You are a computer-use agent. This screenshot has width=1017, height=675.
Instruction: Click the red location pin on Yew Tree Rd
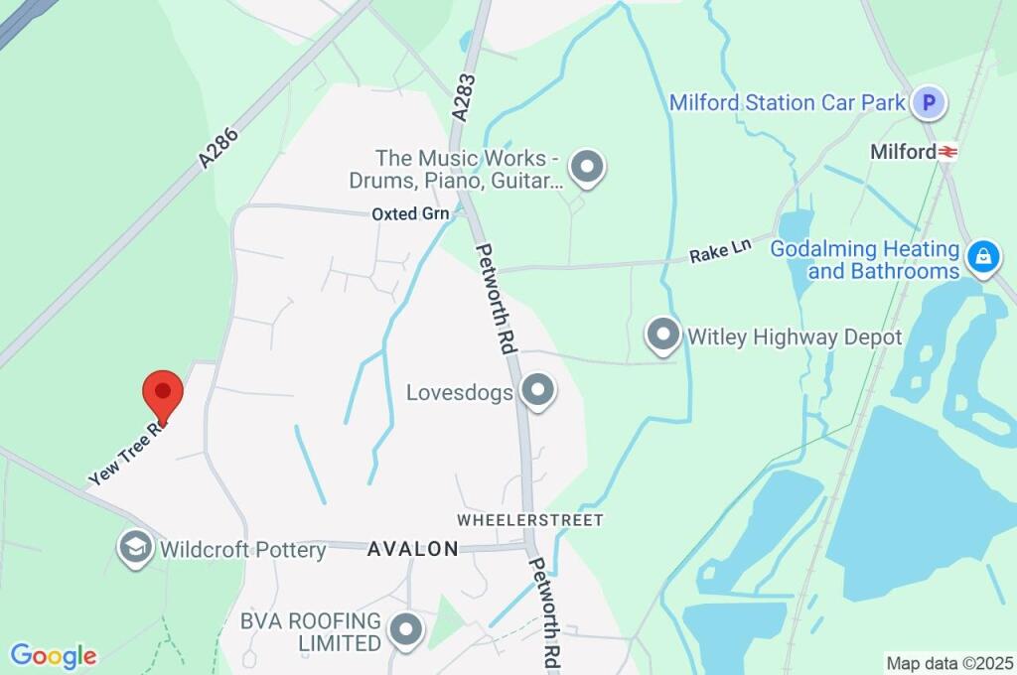[163, 393]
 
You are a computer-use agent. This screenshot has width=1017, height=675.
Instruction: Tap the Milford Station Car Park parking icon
[930, 102]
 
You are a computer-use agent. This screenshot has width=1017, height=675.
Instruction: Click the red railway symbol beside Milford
[948, 152]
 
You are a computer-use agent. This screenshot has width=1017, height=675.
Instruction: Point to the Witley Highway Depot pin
[662, 336]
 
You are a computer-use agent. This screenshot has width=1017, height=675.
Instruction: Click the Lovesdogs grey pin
[537, 391]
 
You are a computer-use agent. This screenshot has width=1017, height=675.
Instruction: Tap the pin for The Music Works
[588, 168]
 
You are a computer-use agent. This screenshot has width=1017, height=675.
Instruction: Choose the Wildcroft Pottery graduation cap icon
[134, 547]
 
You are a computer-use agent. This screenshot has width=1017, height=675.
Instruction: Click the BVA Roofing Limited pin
[405, 629]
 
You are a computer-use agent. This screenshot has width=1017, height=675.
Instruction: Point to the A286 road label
[218, 146]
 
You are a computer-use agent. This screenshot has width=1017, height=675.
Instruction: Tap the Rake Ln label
[720, 254]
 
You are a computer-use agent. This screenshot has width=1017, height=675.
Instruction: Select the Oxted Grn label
[410, 213]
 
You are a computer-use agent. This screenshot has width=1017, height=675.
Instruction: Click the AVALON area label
[413, 548]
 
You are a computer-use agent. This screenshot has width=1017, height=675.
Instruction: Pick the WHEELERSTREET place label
[530, 519]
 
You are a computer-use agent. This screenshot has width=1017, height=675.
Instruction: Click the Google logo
[54, 656]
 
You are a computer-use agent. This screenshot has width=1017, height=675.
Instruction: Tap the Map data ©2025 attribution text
[949, 663]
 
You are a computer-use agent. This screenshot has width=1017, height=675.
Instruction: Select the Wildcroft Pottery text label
[243, 549]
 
